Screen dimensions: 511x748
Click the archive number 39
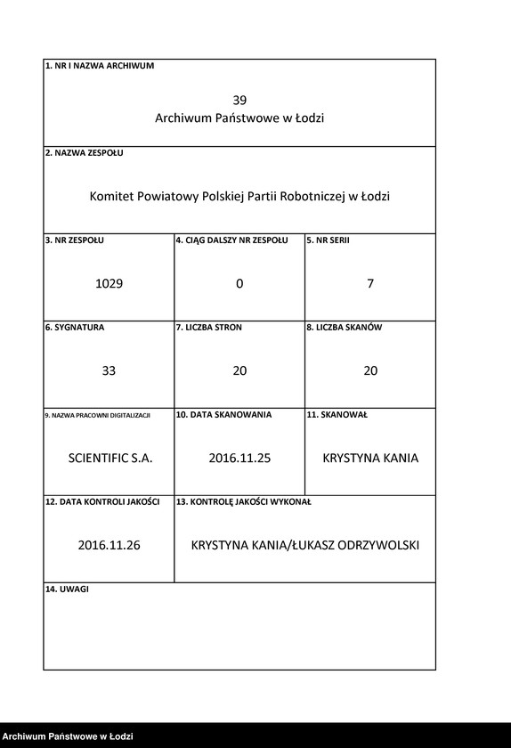239,100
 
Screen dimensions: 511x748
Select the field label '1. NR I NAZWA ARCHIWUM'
100,66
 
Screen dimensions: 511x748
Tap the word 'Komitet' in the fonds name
111,196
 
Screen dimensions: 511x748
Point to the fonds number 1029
109,283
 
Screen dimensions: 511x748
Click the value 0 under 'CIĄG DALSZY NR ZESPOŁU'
239,283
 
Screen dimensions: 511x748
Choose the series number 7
370,283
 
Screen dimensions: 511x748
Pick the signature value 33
109,370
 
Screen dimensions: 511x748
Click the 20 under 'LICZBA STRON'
239,370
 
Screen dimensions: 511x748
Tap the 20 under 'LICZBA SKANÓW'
370,370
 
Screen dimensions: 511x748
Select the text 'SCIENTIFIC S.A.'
110,458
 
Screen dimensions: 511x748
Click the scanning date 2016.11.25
239,458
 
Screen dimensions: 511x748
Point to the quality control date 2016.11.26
109,545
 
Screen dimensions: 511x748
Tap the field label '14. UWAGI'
68,589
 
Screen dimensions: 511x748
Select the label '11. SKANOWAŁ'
337,415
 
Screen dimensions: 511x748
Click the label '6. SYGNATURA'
75,328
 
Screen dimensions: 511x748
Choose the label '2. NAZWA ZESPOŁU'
85,153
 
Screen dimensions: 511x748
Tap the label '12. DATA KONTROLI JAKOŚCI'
102,502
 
